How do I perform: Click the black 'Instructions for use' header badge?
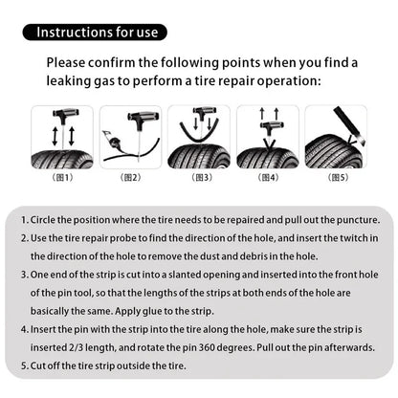(99, 33)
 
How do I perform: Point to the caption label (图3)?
(202, 177)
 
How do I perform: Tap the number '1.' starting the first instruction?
(24, 219)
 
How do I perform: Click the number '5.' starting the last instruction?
(24, 365)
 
